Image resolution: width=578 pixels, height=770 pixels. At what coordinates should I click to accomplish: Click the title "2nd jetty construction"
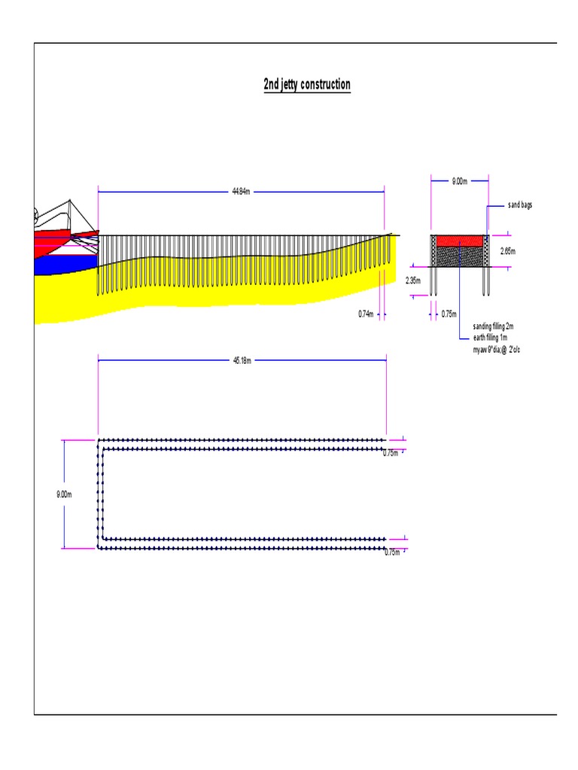coord(306,84)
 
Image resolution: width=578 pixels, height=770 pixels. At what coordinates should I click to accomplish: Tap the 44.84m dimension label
coord(240,192)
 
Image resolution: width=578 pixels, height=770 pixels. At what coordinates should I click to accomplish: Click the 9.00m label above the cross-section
coord(459,181)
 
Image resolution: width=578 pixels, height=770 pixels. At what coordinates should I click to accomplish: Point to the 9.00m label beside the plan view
coord(64,494)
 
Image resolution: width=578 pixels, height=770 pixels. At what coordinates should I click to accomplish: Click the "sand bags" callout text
coord(519,205)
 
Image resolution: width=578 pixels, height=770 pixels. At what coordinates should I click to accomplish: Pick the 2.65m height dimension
coord(507,251)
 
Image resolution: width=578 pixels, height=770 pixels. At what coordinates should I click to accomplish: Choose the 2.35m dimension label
coord(412,280)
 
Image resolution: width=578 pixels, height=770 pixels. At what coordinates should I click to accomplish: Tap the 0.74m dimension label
coord(366,314)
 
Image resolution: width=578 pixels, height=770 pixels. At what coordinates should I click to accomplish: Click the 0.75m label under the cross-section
coord(449,314)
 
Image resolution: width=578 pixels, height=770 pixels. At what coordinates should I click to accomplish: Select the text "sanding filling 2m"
coord(493,327)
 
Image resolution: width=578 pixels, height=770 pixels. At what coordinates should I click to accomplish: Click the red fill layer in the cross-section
coord(460,241)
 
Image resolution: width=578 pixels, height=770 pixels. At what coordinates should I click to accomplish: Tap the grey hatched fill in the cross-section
coord(460,256)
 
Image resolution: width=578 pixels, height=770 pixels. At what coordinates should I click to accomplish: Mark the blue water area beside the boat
coord(64,264)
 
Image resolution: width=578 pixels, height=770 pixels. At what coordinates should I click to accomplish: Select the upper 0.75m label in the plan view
coord(391,453)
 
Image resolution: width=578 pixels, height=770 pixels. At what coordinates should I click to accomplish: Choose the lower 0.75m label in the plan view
coord(391,553)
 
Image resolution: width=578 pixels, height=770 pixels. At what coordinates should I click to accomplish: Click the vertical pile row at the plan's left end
coord(100,494)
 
